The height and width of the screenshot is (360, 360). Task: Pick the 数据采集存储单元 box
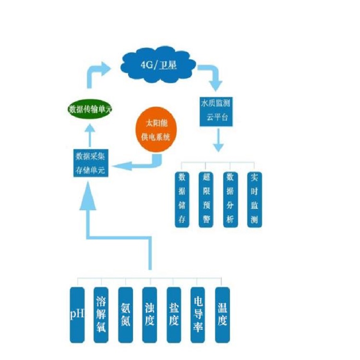click(x=91, y=163)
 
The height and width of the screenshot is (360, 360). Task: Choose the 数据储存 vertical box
click(x=182, y=199)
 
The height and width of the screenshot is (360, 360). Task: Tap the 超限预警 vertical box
click(x=206, y=199)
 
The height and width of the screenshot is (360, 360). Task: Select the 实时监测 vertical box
click(x=254, y=199)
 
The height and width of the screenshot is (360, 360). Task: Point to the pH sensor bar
click(x=77, y=315)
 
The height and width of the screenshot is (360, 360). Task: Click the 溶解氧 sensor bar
click(x=101, y=315)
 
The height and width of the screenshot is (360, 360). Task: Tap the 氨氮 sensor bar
click(x=125, y=315)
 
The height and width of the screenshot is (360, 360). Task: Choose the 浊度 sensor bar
click(x=149, y=315)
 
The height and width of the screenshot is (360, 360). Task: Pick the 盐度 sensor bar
click(x=174, y=315)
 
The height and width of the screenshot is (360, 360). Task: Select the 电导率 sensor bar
click(x=198, y=315)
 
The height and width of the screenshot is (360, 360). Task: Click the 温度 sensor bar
click(x=222, y=315)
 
